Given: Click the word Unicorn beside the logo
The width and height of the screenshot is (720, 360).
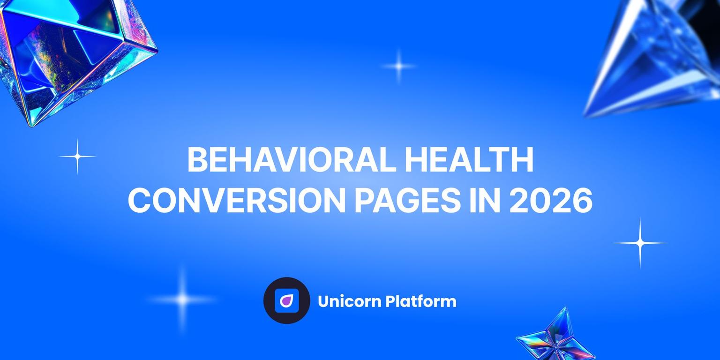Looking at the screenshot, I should coord(349,301).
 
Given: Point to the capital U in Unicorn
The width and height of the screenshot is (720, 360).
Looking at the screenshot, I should coord(323,301).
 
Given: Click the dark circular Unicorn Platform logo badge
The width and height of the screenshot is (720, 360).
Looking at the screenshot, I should coord(286,300).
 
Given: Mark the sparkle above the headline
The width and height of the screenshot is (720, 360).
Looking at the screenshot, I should coord(398,66).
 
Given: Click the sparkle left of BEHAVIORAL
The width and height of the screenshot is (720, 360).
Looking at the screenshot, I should coord(77,156).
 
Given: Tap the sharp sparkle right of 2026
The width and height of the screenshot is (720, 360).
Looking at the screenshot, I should coord(640,243).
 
